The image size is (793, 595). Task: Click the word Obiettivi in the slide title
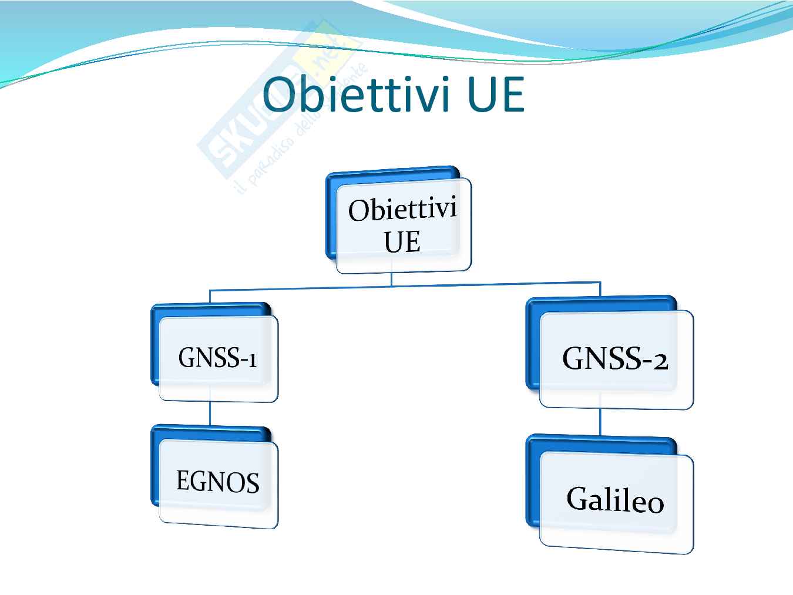(356, 94)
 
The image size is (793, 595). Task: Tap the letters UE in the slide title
(495, 95)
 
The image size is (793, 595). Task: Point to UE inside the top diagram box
(402, 241)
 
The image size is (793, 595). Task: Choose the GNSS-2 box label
(615, 358)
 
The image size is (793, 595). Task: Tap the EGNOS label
(218, 481)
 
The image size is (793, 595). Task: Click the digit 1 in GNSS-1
(252, 360)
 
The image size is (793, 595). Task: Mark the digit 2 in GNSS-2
(661, 362)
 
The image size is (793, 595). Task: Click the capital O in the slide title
(281, 95)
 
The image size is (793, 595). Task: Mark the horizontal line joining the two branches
(405, 287)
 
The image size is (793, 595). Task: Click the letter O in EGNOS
(233, 482)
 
